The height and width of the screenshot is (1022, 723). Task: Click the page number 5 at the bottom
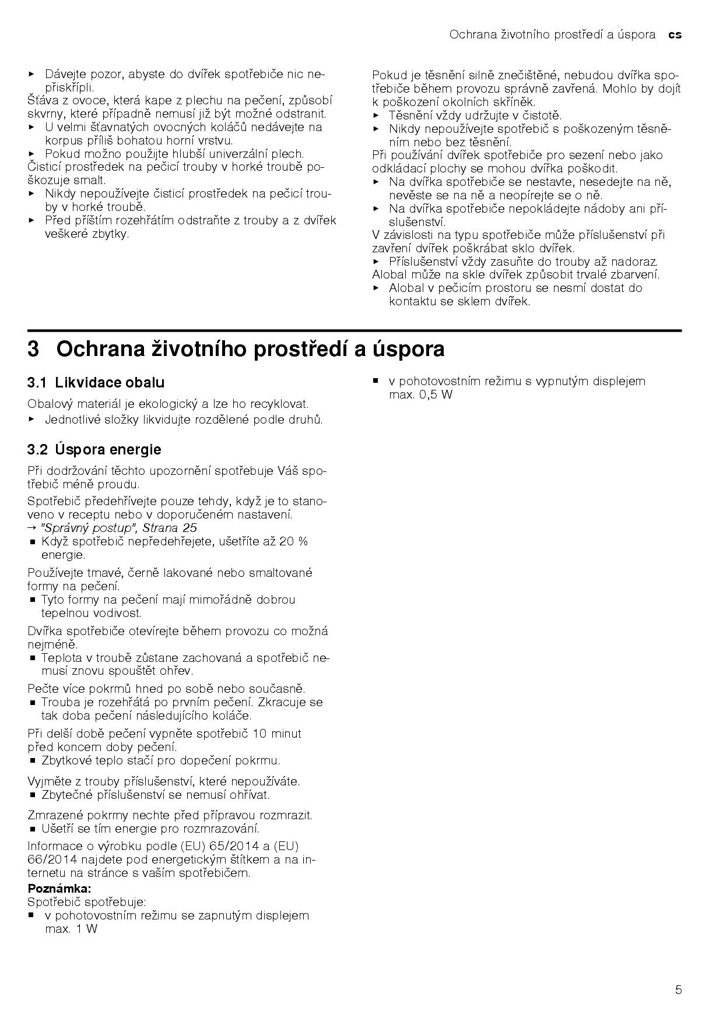click(678, 989)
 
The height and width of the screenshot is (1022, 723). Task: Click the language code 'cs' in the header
click(675, 34)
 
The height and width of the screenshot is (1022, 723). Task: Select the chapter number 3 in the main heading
click(34, 349)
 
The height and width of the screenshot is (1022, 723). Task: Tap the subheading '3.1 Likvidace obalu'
click(96, 383)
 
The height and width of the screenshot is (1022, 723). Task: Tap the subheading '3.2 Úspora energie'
click(94, 449)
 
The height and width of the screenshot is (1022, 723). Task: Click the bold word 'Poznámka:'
click(59, 889)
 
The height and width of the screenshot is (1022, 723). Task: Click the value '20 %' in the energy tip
click(293, 541)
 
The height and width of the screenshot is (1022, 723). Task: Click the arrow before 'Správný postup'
click(31, 528)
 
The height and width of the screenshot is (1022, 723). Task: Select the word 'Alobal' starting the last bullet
click(407, 288)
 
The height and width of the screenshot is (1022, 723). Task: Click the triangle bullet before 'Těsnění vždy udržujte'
click(376, 115)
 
